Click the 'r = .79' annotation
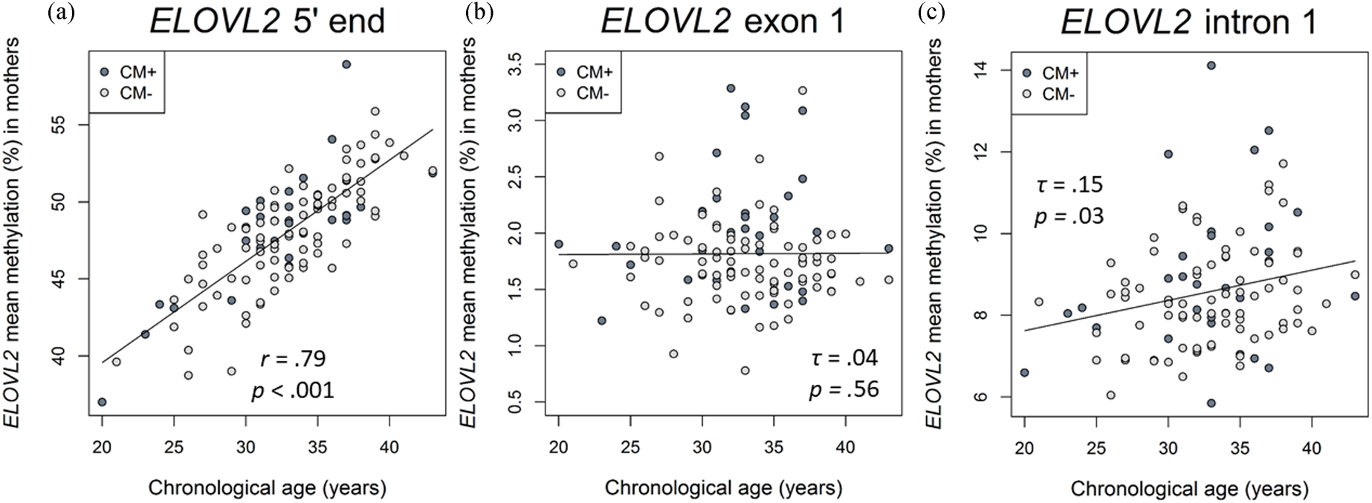click(293, 360)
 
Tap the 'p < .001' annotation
click(293, 389)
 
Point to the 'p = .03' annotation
click(1069, 216)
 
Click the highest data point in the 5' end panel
click(346, 65)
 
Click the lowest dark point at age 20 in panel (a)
click(102, 402)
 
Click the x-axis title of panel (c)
click(1189, 488)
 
